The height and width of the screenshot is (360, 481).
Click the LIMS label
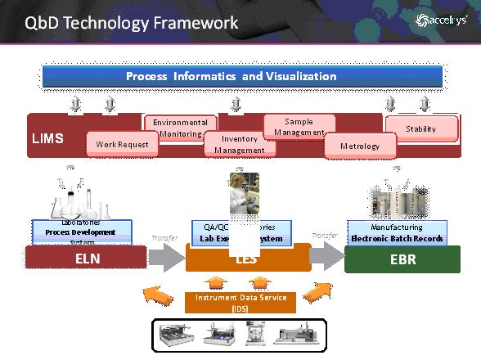[47, 139]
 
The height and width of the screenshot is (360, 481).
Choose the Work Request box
[122, 145]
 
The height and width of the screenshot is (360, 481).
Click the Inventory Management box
[240, 145]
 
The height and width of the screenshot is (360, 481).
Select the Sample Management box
[299, 127]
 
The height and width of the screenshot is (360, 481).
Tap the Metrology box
[360, 146]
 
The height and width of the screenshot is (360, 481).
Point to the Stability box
[421, 129]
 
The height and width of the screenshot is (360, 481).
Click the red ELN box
[82, 259]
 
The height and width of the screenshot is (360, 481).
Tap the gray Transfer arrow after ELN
[164, 258]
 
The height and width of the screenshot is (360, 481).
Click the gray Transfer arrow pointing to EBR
[326, 258]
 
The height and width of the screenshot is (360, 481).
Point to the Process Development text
[81, 232]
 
